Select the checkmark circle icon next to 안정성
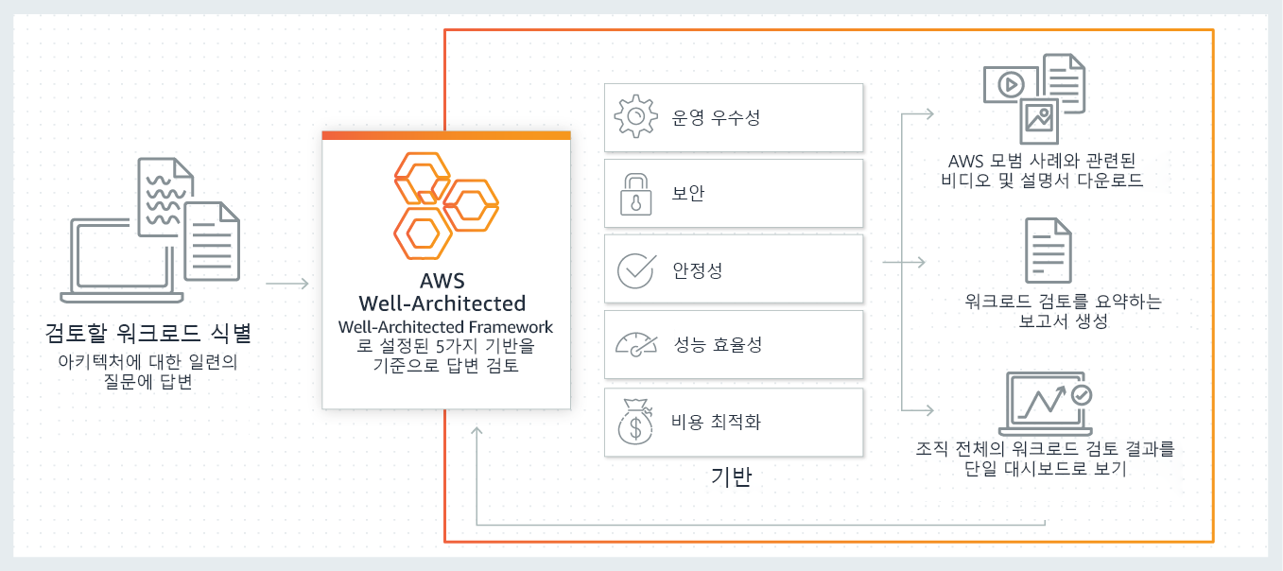(x=635, y=270)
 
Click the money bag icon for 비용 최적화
(x=635, y=422)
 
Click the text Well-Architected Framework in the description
(x=445, y=327)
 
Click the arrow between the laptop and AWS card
(x=287, y=283)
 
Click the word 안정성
(x=697, y=270)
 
